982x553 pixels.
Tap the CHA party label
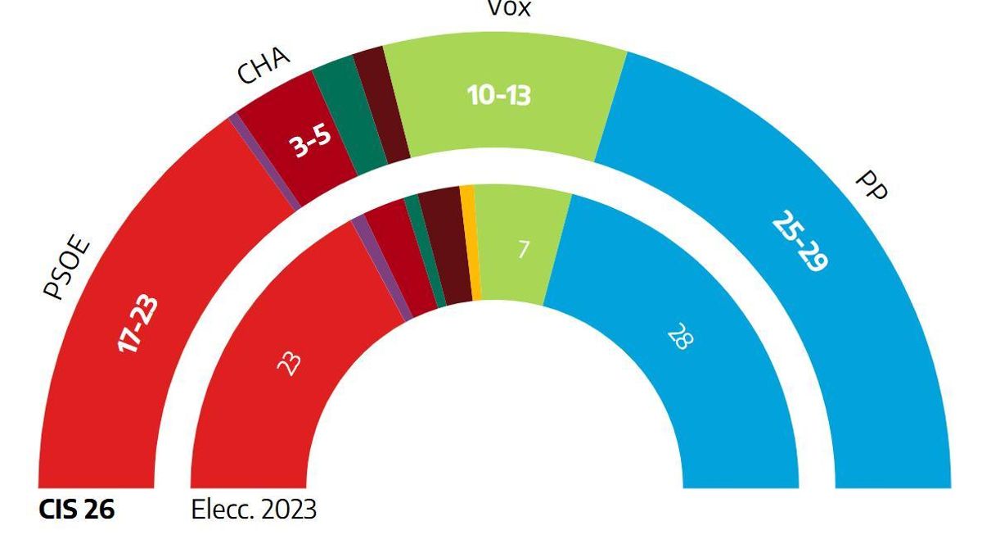[x=264, y=65]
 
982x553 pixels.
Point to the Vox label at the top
[x=509, y=9]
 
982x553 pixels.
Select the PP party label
[x=870, y=187]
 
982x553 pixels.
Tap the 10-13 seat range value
[x=498, y=96]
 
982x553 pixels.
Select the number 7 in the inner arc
[x=523, y=249]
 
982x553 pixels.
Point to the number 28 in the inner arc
[x=678, y=336]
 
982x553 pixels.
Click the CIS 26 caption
[x=77, y=510]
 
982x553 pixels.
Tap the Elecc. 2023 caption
[x=254, y=510]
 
